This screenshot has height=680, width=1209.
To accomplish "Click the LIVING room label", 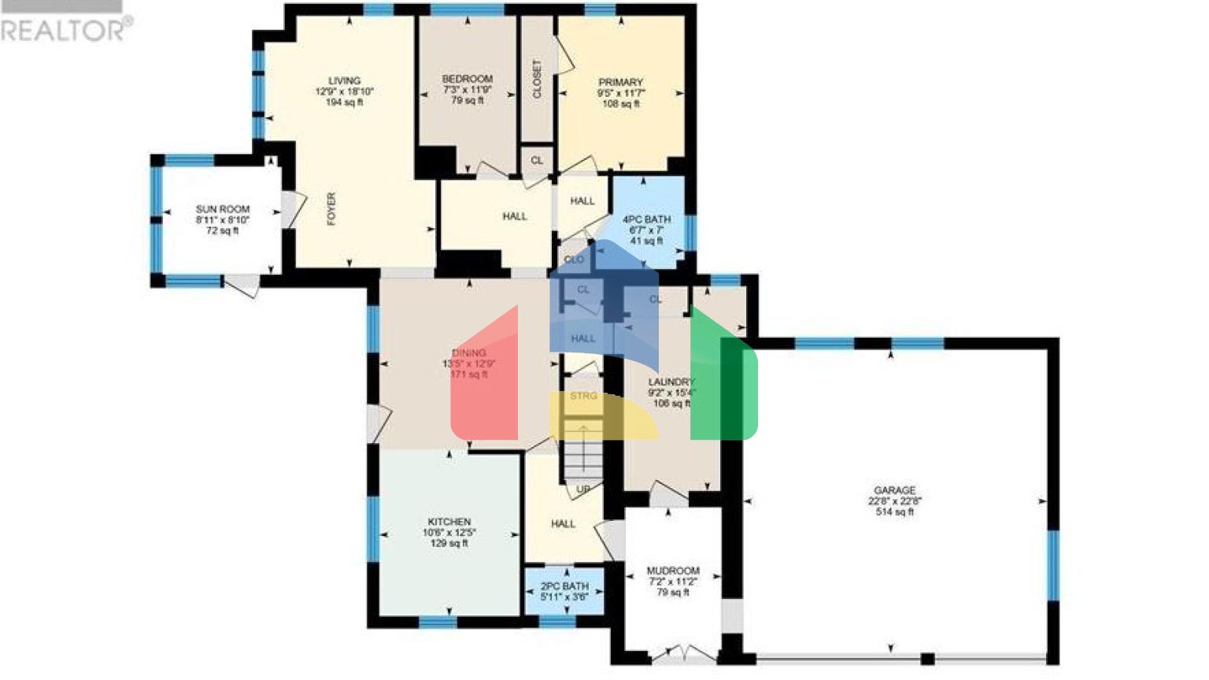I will click(x=344, y=80).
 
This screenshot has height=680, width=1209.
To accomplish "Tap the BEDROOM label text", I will click(x=467, y=79).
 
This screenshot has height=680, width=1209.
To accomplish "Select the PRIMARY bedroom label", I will click(x=620, y=82).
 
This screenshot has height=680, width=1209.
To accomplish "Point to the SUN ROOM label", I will click(x=223, y=209).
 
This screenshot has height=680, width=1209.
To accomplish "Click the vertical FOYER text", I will click(x=331, y=209).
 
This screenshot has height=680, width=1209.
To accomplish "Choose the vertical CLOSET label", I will click(x=537, y=79).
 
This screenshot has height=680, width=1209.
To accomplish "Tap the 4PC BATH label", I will click(x=646, y=220).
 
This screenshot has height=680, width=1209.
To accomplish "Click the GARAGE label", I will click(x=894, y=490).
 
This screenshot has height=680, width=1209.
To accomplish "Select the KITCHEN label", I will click(x=449, y=522).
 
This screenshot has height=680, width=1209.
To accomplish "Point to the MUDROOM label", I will click(x=673, y=571).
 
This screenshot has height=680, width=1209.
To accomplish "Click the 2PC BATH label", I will click(x=564, y=586).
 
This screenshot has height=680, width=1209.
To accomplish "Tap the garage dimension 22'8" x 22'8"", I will click(x=894, y=501).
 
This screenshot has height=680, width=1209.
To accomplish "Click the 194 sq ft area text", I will click(x=344, y=102).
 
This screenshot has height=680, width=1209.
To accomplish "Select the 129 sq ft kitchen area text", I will click(x=449, y=543).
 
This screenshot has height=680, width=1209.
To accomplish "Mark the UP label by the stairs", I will click(x=582, y=490).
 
